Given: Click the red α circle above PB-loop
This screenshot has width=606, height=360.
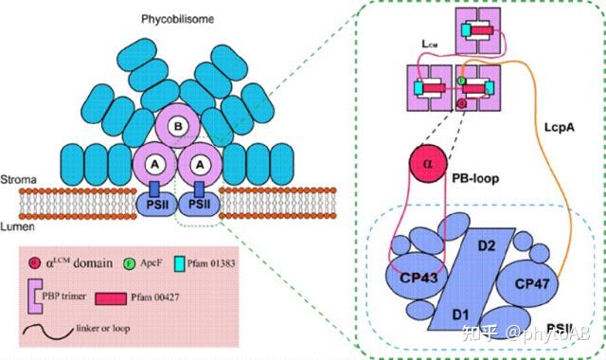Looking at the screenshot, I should pos(432,163).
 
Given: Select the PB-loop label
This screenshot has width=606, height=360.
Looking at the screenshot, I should pos(496,176).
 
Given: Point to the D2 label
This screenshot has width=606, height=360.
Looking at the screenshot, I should pos(488,248).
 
